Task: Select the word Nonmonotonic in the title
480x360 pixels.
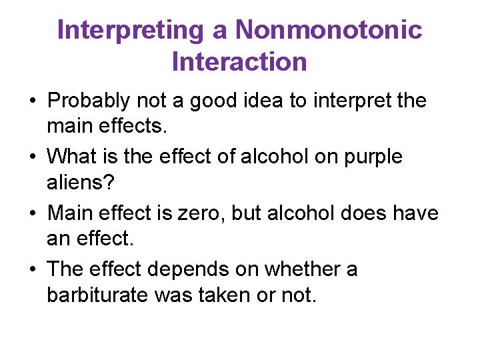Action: tap(329, 31)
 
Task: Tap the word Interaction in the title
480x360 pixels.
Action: tap(239, 61)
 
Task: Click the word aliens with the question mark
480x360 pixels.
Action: tap(81, 181)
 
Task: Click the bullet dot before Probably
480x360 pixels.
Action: tap(33, 102)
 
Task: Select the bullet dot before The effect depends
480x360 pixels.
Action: tap(33, 270)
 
